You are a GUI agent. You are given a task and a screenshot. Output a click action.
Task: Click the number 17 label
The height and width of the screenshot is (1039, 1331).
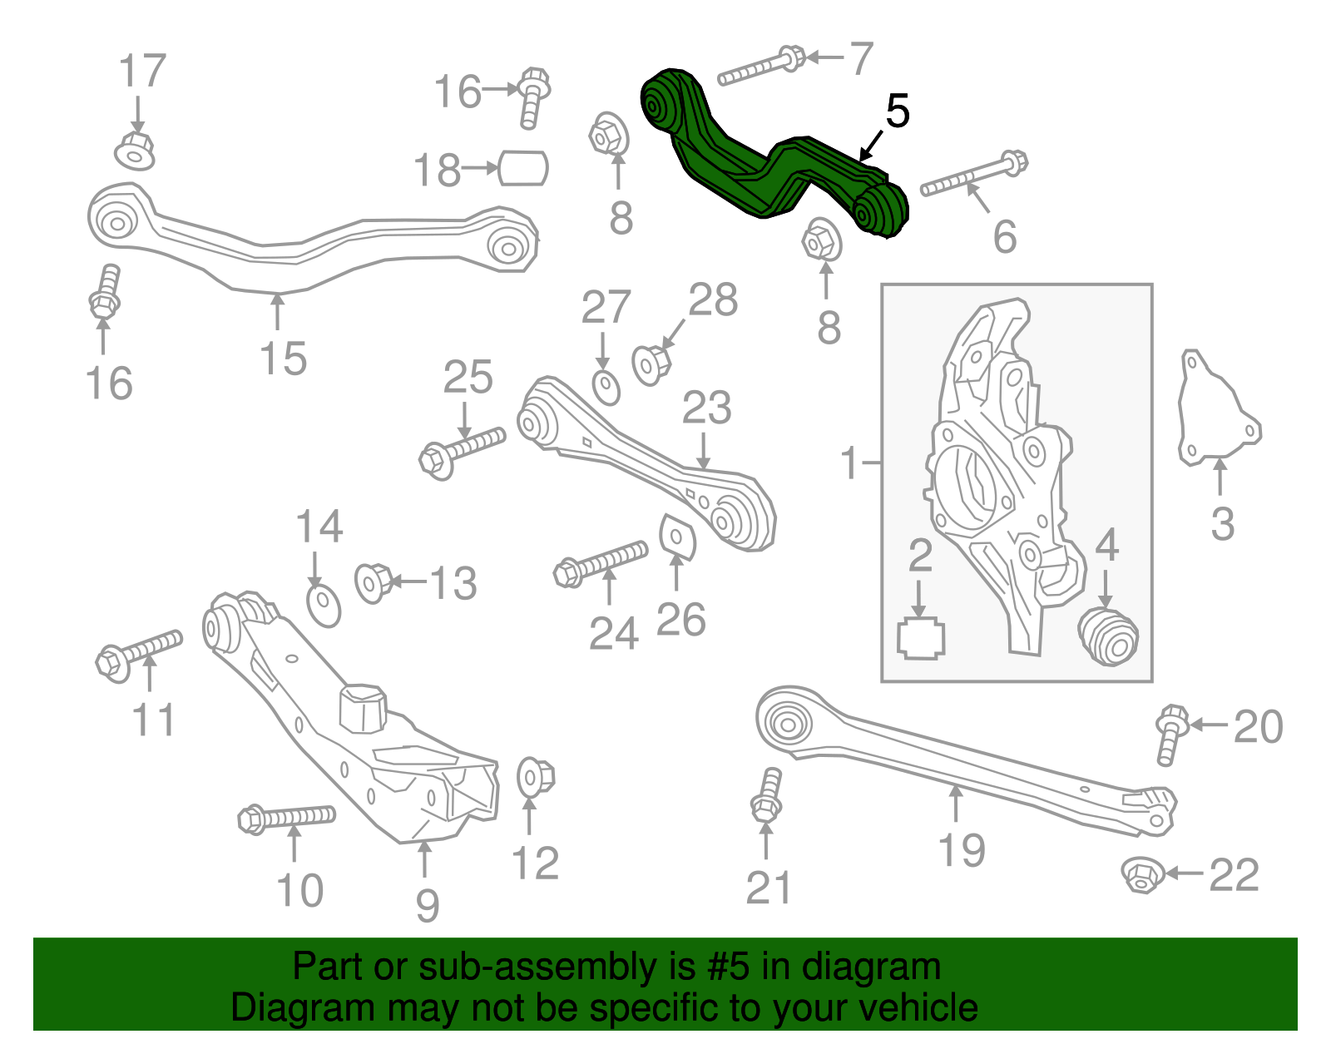142,72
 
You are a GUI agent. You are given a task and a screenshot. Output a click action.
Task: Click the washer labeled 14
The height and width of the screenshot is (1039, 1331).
324,605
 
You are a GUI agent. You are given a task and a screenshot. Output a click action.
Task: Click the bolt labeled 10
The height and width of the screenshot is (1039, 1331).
285,818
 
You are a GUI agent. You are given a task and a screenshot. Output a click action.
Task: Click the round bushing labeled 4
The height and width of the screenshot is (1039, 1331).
1109,636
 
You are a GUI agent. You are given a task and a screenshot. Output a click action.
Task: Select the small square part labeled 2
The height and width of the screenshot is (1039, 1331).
921,639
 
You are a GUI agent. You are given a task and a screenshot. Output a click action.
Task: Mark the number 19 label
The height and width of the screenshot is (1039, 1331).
961,850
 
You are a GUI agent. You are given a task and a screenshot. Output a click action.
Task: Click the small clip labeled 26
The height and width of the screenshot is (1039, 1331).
676,536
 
